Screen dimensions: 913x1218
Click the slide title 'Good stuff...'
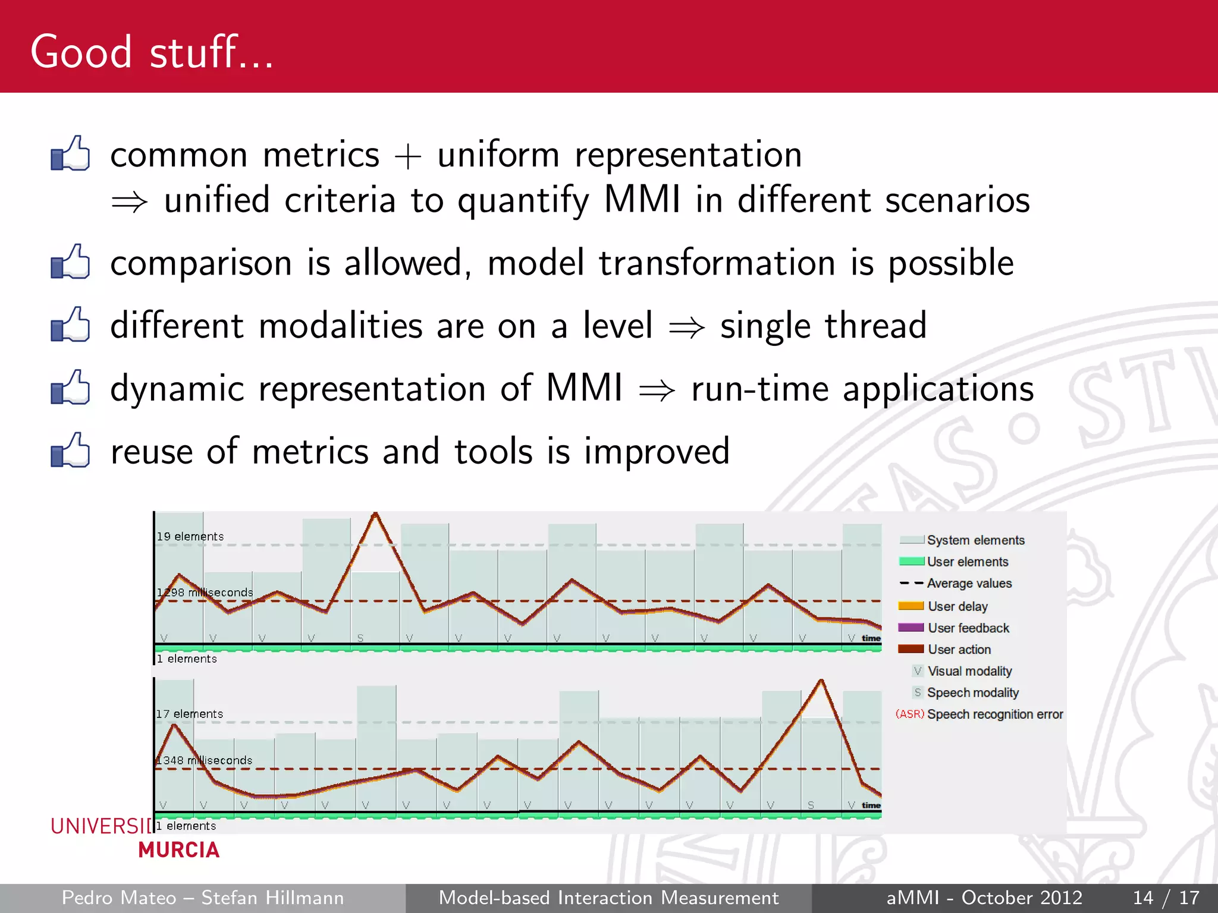click(152, 52)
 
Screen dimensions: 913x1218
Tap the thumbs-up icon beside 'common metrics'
click(70, 154)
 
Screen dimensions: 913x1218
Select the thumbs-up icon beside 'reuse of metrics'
click(70, 451)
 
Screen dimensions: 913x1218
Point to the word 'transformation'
click(717, 263)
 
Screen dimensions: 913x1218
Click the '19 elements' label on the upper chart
click(190, 537)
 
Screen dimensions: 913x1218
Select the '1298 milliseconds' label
click(205, 593)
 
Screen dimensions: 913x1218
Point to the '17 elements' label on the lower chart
click(189, 714)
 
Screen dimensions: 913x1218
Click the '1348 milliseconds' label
click(204, 760)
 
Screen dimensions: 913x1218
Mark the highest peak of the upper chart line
click(375, 514)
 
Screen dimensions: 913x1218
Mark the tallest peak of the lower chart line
click(821, 681)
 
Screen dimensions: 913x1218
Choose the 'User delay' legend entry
click(958, 606)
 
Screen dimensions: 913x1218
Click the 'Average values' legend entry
click(969, 584)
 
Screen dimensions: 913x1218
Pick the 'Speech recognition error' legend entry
click(994, 714)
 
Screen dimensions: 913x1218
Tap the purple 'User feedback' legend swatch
click(911, 628)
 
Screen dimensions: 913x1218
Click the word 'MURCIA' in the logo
click(179, 850)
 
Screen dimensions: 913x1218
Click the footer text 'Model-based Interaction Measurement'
click(608, 898)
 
